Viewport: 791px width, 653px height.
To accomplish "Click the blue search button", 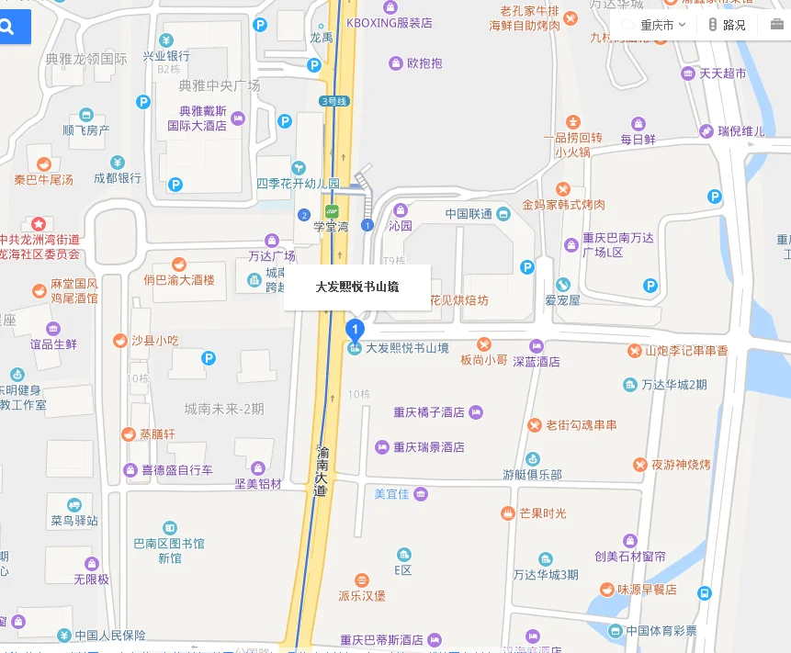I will coord(12,28).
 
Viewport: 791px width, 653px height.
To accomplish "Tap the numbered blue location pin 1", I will coord(355,328).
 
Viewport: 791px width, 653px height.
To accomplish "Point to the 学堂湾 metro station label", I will coord(331,226).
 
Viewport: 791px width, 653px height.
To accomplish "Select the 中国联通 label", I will coord(469,214).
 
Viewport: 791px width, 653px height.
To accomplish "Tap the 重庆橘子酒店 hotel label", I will coord(429,412).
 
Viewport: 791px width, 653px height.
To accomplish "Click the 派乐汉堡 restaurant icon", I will coord(361,580).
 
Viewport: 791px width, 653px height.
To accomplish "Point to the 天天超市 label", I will coord(723,73).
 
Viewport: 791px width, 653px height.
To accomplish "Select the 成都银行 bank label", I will coord(118,178).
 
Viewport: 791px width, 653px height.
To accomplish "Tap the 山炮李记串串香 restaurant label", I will coord(686,351).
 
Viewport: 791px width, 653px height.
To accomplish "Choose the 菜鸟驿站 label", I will coord(74,521).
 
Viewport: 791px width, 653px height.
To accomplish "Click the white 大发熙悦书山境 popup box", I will coord(357,287).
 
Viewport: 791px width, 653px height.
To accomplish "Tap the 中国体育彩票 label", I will coord(661,631).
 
